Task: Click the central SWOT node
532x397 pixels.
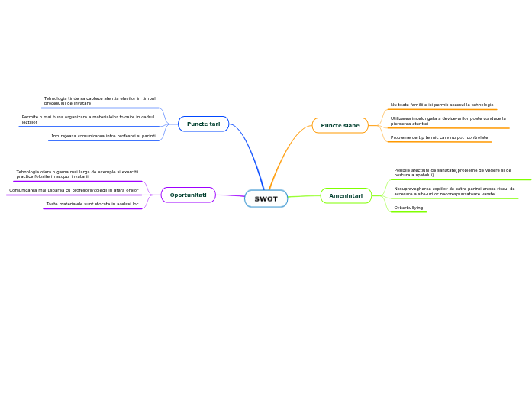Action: tap(266, 198)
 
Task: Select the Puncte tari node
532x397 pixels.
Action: tap(203, 124)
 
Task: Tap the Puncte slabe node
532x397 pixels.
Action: tap(340, 125)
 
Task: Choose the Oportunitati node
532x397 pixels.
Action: tap(188, 195)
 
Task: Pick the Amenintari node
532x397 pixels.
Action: tap(346, 195)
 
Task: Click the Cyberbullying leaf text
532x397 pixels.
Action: tap(408, 208)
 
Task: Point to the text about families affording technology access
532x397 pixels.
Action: tap(441, 105)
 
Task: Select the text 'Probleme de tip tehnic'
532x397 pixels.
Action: tap(439, 137)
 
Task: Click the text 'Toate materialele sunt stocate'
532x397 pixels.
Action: tap(92, 204)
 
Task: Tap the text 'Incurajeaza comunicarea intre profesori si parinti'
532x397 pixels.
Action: tap(103, 136)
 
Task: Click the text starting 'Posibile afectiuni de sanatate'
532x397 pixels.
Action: tap(452, 173)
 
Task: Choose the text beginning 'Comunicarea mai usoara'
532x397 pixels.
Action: tap(73, 190)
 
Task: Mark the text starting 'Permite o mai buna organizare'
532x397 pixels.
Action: tap(88, 119)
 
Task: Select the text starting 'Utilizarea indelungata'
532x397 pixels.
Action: tap(447, 121)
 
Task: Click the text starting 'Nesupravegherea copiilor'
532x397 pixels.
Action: tap(454, 191)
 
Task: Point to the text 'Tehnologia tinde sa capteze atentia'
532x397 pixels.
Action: tap(99, 101)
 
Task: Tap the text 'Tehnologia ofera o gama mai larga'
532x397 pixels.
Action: tap(77, 174)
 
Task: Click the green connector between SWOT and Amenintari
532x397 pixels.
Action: tap(304, 196)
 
